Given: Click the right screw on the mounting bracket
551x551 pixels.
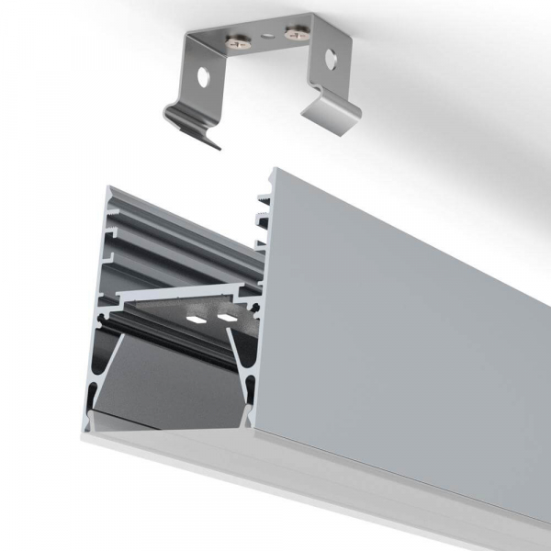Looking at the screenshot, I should pyautogui.click(x=296, y=34).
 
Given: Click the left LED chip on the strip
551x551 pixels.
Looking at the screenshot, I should pyautogui.click(x=197, y=318).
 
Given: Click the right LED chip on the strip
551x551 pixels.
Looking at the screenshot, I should pyautogui.click(x=223, y=317).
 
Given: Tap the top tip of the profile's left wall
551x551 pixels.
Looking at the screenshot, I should pyautogui.click(x=109, y=190).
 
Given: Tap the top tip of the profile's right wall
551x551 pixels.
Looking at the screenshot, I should pyautogui.click(x=273, y=172).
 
